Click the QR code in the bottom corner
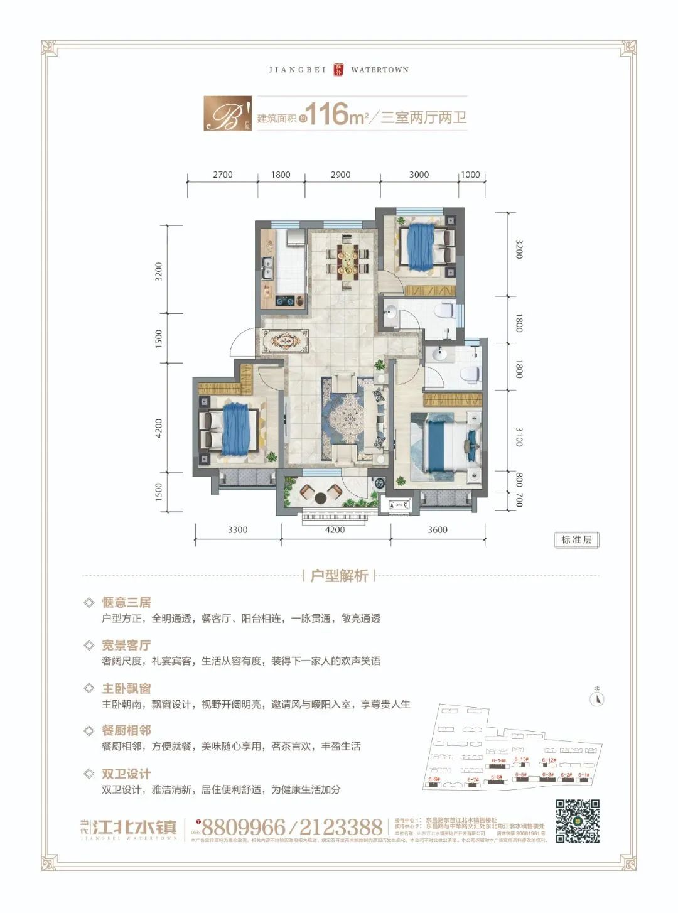click(578, 821)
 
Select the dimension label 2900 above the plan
click(340, 175)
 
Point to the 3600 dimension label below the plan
click(438, 529)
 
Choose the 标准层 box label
click(576, 539)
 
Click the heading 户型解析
click(339, 576)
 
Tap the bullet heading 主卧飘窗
click(126, 688)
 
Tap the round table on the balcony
click(320, 498)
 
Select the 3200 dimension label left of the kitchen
click(159, 271)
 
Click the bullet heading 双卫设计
click(126, 774)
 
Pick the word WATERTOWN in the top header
click(380, 70)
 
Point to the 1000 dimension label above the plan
click(470, 175)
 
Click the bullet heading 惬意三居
click(126, 602)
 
